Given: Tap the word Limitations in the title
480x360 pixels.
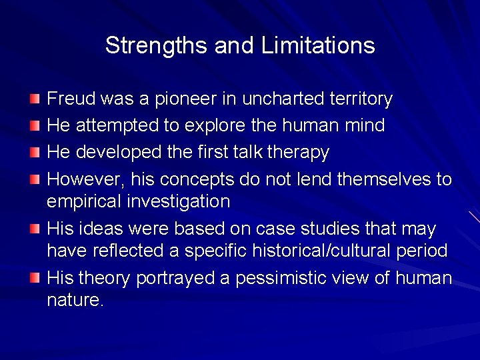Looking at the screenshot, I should [318, 46].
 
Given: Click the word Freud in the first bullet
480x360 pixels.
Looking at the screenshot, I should [71, 99].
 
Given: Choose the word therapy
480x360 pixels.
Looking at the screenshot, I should [298, 153].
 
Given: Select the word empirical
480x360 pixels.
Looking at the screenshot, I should [84, 201].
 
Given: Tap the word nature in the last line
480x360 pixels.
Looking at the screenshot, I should [74, 300].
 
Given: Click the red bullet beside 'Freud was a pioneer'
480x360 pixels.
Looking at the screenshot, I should [35, 99].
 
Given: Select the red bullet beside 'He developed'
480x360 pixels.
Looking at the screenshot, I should [35, 152].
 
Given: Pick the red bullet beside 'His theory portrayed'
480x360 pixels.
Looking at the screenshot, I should [35, 277].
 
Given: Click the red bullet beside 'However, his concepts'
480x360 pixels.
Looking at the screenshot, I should [35, 179].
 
